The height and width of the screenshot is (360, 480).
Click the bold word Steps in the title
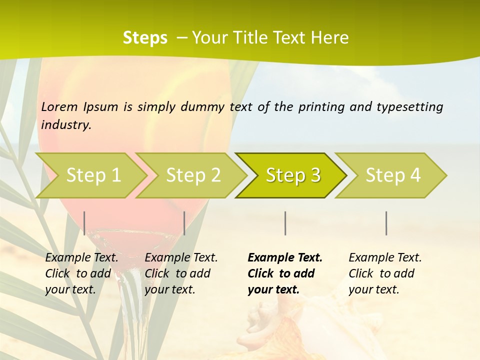pos(145,38)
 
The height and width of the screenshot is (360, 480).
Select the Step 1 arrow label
pos(93,175)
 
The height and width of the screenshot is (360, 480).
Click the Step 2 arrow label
pos(193,175)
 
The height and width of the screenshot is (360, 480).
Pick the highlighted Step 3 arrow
pos(293,175)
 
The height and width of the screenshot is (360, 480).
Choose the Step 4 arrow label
pos(393,175)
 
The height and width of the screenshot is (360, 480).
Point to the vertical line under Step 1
pos(84,223)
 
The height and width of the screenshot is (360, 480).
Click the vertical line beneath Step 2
pos(184,223)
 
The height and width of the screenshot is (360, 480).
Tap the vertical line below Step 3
pos(285,223)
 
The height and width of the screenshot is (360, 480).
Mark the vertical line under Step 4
pos(386,223)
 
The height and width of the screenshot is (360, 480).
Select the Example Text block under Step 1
pos(81,273)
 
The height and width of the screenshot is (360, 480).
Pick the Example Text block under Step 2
pos(181,273)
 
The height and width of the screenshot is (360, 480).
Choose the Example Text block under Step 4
pos(385,273)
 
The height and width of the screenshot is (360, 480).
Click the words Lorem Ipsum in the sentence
pos(79,107)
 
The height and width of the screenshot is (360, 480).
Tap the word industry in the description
pos(65,125)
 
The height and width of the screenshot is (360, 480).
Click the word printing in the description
pos(320,107)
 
